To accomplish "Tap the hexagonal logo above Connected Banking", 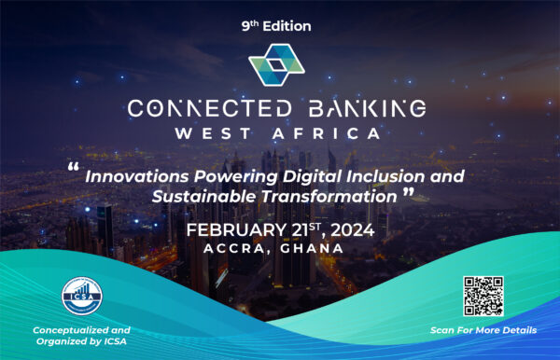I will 279,66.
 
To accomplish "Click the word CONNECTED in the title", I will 195,108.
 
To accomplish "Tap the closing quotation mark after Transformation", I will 407,194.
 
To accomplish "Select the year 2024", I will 352,230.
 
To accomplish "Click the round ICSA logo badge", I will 81,297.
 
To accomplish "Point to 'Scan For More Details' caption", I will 483,330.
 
